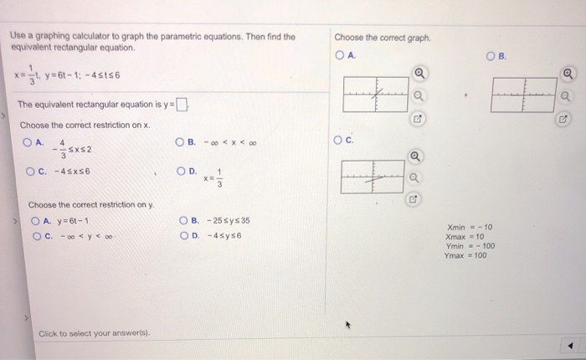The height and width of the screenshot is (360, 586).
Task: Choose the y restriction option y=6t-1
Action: pos(34,221)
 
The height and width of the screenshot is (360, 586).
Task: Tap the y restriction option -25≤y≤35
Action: pos(183,221)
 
